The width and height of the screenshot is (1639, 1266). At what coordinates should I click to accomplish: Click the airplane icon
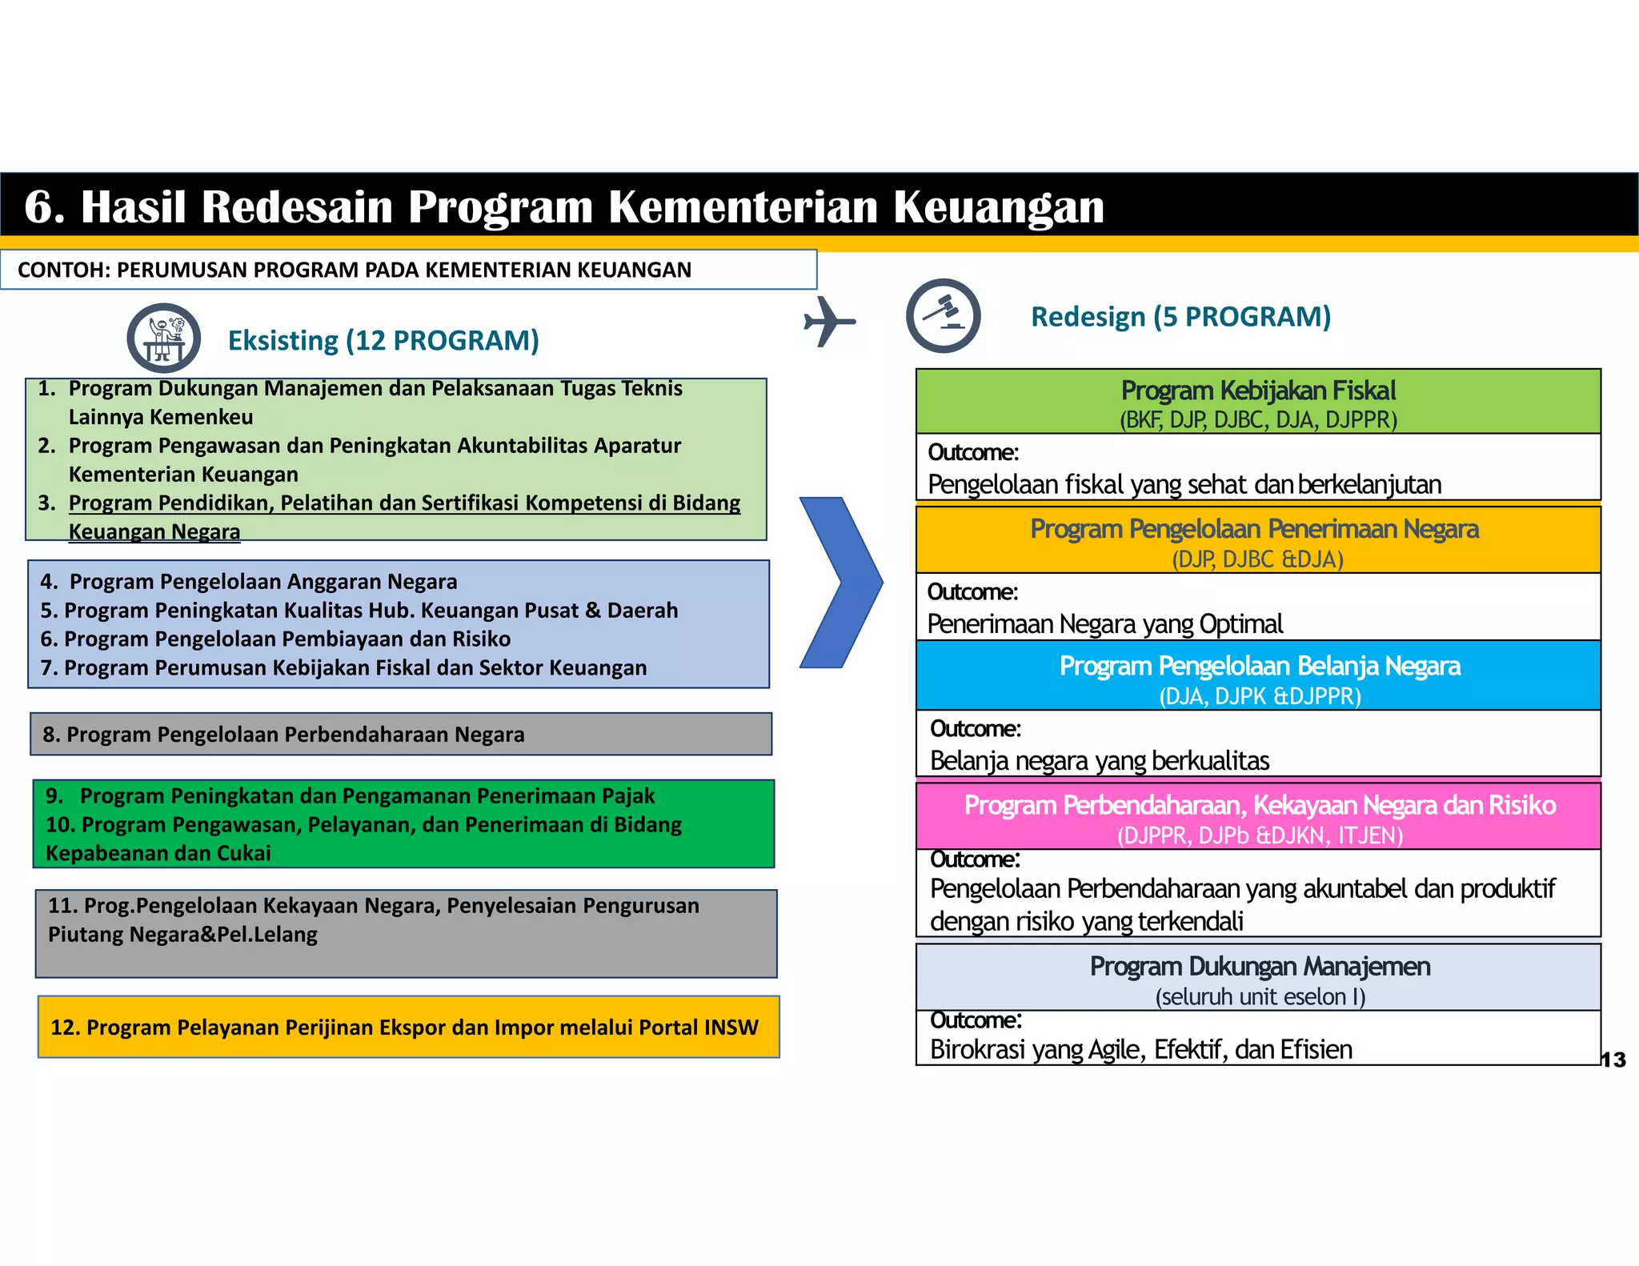(x=828, y=322)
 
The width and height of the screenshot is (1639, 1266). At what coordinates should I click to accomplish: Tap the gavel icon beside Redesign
(x=944, y=316)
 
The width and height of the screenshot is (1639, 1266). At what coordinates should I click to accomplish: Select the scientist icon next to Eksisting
(x=164, y=339)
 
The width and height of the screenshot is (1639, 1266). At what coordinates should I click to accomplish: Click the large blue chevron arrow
(x=840, y=583)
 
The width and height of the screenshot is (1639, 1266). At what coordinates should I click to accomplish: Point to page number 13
(x=1613, y=1060)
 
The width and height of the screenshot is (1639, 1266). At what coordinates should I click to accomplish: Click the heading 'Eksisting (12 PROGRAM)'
(x=383, y=341)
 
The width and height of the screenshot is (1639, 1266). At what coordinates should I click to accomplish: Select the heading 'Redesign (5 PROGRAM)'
(x=1180, y=317)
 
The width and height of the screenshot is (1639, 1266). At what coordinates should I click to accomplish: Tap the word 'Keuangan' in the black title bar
(x=998, y=206)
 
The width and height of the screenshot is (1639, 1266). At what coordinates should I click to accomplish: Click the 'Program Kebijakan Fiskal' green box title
(x=1258, y=391)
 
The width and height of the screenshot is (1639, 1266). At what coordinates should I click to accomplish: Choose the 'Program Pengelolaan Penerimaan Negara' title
(x=1254, y=529)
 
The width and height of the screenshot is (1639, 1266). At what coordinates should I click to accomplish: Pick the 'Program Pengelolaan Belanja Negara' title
(x=1260, y=666)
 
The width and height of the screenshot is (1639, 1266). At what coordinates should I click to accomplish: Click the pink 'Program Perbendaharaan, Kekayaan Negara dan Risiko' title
(x=1260, y=805)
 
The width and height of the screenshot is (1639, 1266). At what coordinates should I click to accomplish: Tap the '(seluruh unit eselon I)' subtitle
(x=1260, y=997)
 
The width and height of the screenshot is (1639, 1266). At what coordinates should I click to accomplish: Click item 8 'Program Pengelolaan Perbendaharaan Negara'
(x=284, y=735)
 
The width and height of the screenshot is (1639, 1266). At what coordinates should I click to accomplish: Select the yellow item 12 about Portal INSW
(x=404, y=1028)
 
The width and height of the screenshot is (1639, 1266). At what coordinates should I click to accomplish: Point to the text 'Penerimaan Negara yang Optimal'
(x=1104, y=624)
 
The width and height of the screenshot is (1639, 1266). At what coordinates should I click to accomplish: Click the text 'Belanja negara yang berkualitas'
(x=1100, y=761)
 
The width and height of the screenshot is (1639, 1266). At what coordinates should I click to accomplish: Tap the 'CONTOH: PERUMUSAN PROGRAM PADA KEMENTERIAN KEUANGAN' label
(x=355, y=270)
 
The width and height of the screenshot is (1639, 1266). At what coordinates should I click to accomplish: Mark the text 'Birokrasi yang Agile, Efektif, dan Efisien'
(x=1141, y=1050)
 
